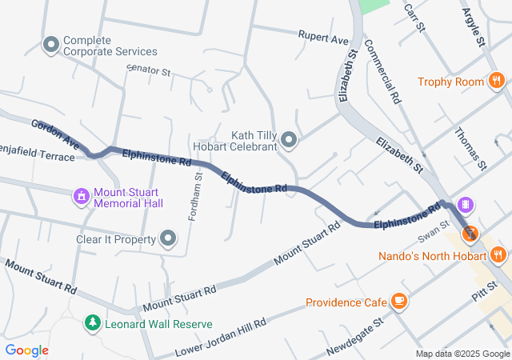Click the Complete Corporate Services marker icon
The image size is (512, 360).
pos(52,45)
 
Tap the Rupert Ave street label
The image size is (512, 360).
pos(323,38)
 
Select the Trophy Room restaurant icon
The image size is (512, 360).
pos(496,81)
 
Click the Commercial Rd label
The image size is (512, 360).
pos(382,73)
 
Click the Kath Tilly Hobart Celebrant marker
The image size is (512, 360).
pos(290,142)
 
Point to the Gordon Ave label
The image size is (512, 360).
pos(55,134)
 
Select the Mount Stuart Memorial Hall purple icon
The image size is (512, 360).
pos(81,196)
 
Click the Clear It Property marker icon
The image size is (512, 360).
pos(168,238)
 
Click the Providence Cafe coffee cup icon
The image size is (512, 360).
pos(399,302)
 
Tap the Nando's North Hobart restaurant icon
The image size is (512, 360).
pos(498,255)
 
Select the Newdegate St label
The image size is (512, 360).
pos(356,337)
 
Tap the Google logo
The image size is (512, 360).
pos(27,350)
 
